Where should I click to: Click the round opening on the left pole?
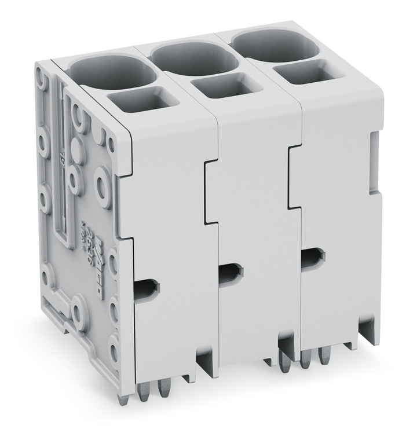coord(113,72)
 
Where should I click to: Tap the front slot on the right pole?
coord(313,255)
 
